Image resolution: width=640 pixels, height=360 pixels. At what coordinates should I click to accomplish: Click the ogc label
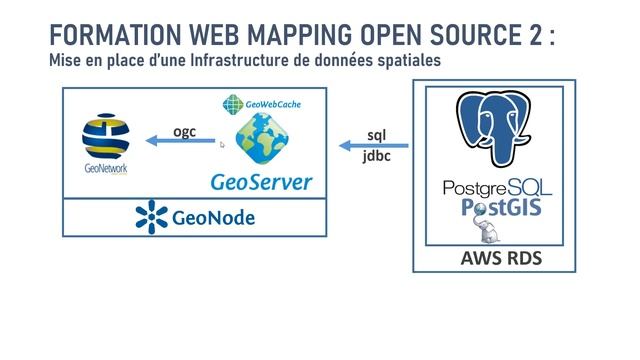point(184,130)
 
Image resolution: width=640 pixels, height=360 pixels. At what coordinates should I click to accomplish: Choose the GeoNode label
point(213,217)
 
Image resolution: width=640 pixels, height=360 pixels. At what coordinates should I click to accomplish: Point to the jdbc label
point(377,158)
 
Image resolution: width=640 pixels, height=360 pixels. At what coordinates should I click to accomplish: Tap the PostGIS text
point(498,206)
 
